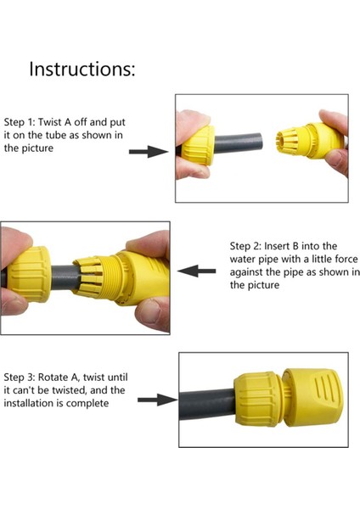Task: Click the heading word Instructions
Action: pyautogui.click(x=82, y=70)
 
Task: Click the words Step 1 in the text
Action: pyautogui.click(x=21, y=120)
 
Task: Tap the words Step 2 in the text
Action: pyautogui.click(x=247, y=245)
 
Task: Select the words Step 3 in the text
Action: pyautogui.click(x=21, y=376)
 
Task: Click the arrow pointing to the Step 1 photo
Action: pyautogui.click(x=147, y=151)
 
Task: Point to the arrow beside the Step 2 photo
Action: pyautogui.click(x=200, y=271)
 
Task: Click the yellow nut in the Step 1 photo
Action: pyautogui.click(x=202, y=147)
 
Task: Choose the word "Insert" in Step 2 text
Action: pyautogui.click(x=284, y=245)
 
